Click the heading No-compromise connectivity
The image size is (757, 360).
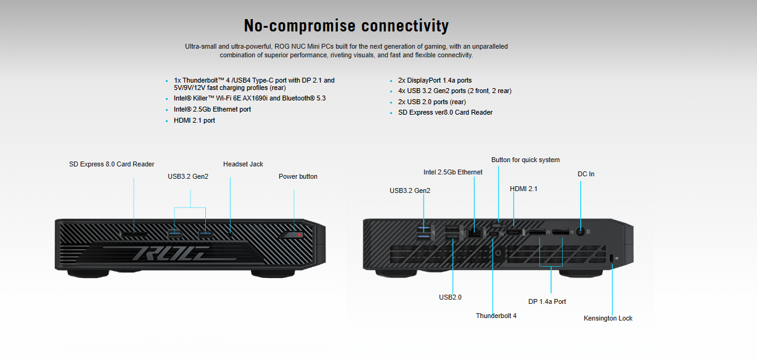pos(346,26)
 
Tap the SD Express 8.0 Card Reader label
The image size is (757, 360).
pos(112,164)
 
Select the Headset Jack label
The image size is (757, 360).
pos(243,164)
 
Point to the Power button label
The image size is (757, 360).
pos(298,176)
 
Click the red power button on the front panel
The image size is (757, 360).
pos(298,235)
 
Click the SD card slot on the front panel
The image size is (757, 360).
pos(134,234)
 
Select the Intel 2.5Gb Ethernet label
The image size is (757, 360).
pos(452,172)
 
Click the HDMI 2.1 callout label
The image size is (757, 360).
pos(523,189)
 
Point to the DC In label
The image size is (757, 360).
pos(586,174)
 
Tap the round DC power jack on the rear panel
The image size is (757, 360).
pos(580,232)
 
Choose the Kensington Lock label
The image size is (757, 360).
pos(608,318)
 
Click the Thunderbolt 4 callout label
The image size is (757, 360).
pos(496,316)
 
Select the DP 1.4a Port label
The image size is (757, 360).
pos(547,301)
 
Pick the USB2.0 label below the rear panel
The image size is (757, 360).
pos(450,297)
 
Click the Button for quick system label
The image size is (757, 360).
pos(525,160)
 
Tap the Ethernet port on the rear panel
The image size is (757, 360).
pos(475,232)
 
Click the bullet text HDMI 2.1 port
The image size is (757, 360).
pos(194,121)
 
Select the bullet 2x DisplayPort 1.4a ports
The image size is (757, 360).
pos(435,80)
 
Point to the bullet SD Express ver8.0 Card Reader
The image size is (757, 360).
pos(445,112)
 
